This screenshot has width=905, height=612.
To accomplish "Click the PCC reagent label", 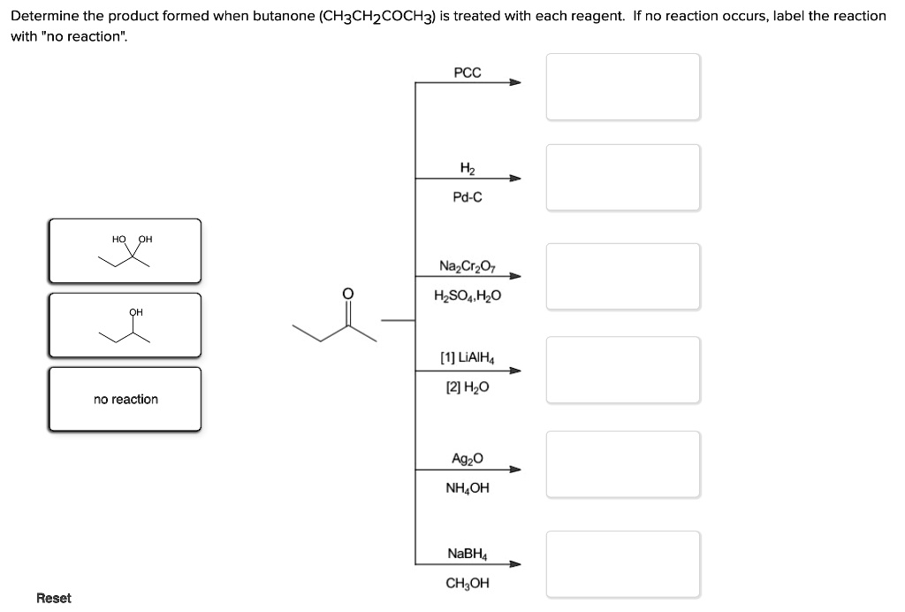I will coord(468,73).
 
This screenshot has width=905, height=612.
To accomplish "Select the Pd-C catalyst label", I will coord(468,197).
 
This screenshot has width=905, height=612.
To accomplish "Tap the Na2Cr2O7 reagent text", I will coord(468,265).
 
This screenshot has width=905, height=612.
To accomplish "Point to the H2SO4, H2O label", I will coord(468,295).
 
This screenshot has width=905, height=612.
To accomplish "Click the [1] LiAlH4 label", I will coord(468,359).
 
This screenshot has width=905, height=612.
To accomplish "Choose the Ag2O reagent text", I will coord(468,459).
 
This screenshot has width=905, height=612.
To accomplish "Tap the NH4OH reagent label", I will coord(468,487).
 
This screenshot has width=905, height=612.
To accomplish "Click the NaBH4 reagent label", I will coord(468,554).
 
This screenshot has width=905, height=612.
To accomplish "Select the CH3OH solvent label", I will coord(468,583).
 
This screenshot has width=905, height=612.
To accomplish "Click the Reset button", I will coord(54,598).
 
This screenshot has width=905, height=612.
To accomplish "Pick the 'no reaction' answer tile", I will coord(125,400).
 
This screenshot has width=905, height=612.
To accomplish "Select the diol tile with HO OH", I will coord(125,251).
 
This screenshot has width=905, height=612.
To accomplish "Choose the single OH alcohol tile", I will coord(125,325).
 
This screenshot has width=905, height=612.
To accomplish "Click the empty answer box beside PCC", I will coord(623,87).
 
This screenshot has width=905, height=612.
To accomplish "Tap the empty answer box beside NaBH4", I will coord(623,563).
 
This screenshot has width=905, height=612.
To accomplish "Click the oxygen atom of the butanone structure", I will coord(347,294).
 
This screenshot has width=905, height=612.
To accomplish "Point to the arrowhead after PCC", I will coord(515,83).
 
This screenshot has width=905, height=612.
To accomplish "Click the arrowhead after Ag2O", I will coord(515,470).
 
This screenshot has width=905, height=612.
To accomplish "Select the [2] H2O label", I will coord(468,387).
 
